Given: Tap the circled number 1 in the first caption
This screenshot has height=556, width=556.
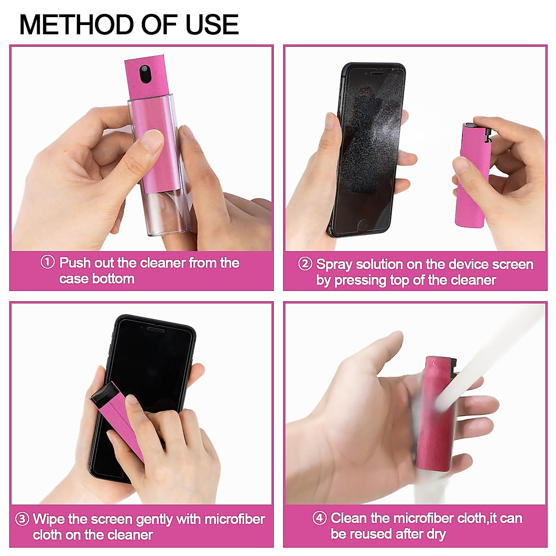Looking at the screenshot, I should coord(48,262).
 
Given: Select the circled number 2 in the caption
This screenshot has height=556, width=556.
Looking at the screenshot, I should coord(305,264).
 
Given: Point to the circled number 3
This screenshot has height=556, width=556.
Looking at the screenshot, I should coord(22,519).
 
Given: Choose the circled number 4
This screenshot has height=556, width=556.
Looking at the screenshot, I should coord(319,518).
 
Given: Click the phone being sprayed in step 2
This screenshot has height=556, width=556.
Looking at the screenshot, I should coord(366,148).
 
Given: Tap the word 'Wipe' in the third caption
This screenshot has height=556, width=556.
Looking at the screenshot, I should coord(49,519).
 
